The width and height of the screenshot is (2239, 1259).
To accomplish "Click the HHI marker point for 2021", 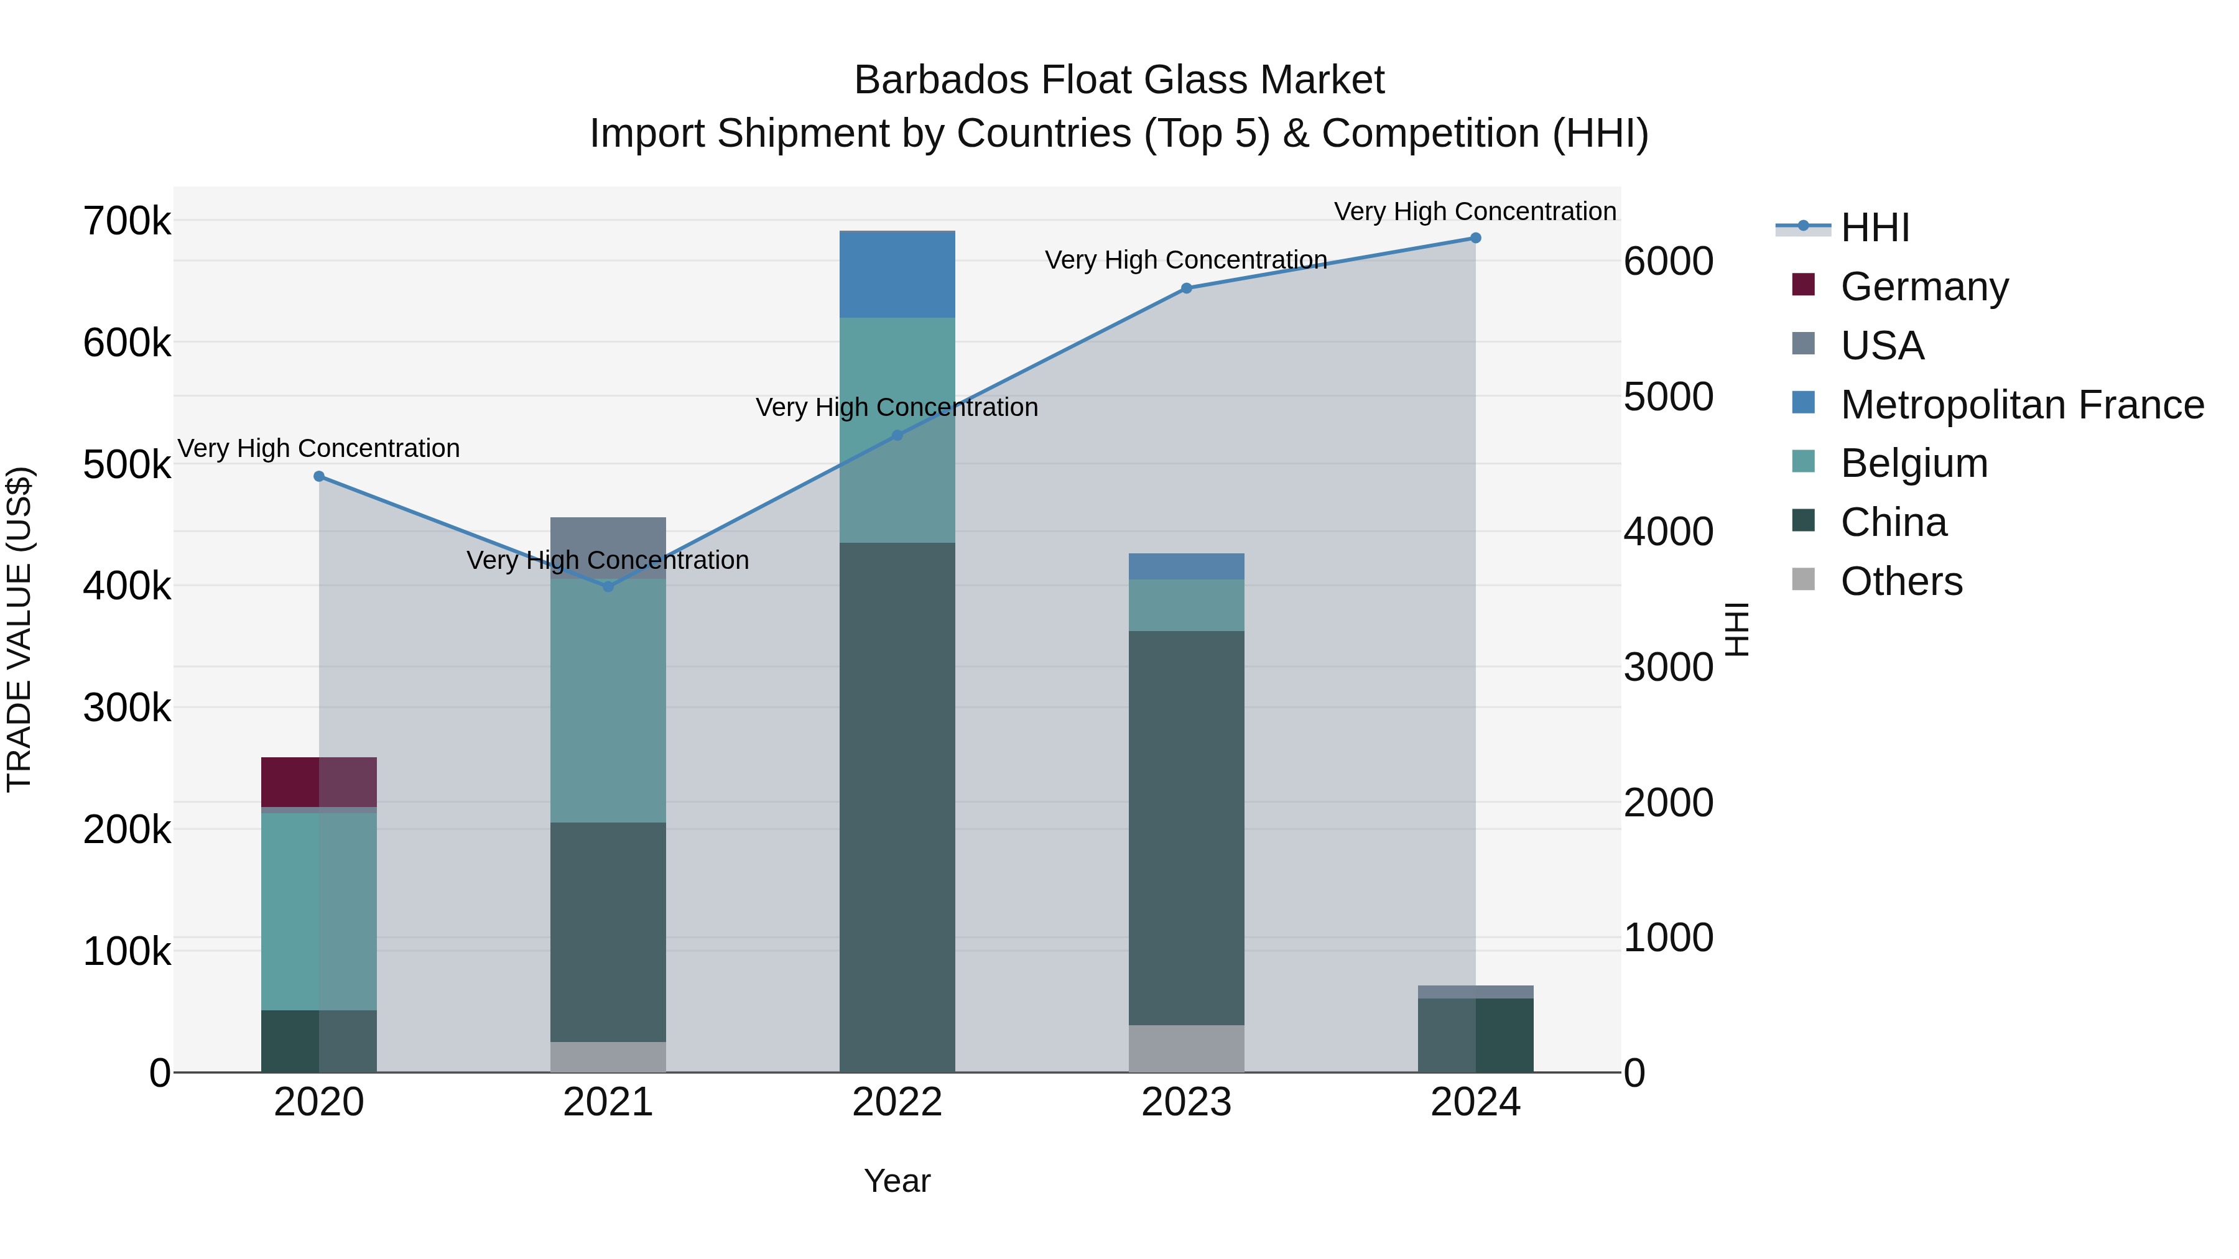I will click(x=608, y=586).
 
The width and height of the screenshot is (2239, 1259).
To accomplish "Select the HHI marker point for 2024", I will click(x=1475, y=238).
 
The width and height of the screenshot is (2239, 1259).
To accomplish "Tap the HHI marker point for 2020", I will click(x=319, y=476).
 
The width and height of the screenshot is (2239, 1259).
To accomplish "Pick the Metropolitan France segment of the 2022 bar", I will click(x=897, y=275).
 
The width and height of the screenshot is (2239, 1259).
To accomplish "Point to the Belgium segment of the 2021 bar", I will click(x=608, y=700).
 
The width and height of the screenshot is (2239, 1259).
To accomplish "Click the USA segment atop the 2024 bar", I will click(x=1475, y=992).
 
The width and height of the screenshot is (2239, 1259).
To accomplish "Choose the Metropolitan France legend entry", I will click(x=2022, y=405).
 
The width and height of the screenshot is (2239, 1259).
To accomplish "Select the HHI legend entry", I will click(x=1874, y=228).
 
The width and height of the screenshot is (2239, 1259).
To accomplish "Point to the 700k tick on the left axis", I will click(x=127, y=221).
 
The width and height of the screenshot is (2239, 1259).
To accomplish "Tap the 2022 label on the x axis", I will click(x=897, y=1102).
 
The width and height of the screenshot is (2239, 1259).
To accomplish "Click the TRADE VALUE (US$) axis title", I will click(x=20, y=629).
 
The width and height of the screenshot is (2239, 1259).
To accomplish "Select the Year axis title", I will click(x=897, y=1181).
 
